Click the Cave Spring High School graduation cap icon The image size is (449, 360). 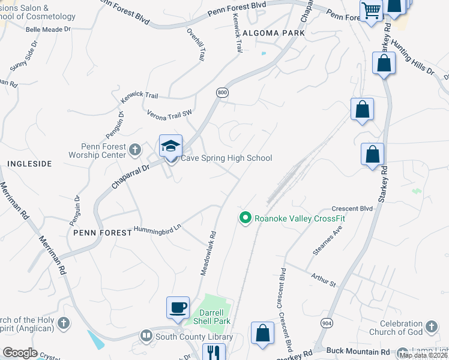click(x=170, y=146)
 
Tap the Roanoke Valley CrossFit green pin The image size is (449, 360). click(x=245, y=218)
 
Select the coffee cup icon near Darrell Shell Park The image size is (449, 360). click(x=178, y=308)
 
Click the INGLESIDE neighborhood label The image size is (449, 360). click(x=29, y=163)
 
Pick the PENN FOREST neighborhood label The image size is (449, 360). click(x=102, y=232)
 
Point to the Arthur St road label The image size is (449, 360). click(x=324, y=279)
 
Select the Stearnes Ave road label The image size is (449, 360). click(x=328, y=240)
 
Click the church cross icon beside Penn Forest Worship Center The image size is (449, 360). click(x=135, y=149)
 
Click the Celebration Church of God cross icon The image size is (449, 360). click(x=430, y=328)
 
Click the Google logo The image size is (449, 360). click(x=20, y=353)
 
